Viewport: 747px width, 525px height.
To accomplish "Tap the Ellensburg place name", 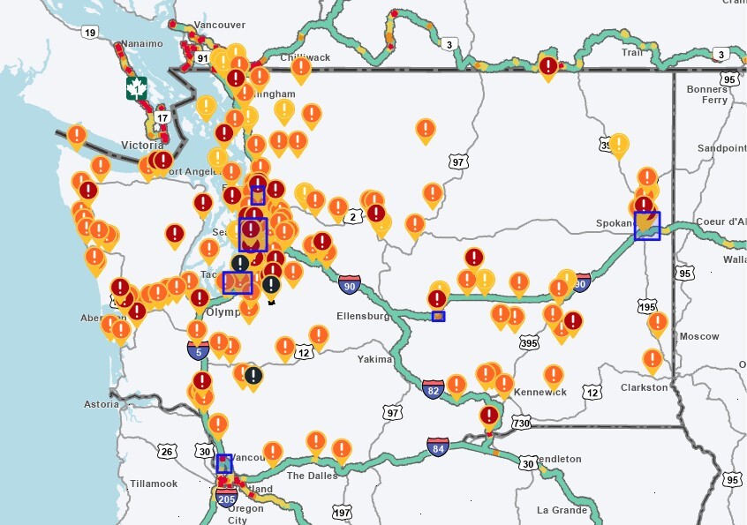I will pos(364,315).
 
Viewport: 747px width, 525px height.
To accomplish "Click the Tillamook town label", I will pos(154,484).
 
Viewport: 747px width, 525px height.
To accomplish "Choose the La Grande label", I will pos(563,510).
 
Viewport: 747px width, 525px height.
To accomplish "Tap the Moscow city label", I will pos(698,336).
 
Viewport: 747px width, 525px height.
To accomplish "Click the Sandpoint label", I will pos(721,148).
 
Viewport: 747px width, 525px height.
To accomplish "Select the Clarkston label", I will pos(644,387).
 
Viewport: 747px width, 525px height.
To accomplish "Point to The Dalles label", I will pos(312,476).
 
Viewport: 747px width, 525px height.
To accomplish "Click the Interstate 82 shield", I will pos(432,389).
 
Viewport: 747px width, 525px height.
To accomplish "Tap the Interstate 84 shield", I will pos(436,447).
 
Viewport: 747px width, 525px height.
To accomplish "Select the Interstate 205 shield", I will pos(226,499).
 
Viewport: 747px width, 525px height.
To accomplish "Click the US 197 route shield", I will pos(342,513).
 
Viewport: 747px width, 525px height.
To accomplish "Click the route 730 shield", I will pos(521,424).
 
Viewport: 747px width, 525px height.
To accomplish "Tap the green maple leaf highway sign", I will pos(136,88).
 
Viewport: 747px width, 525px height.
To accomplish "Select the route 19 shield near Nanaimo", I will pos(88,32).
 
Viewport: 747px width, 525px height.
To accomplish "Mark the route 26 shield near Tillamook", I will pos(166,452).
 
